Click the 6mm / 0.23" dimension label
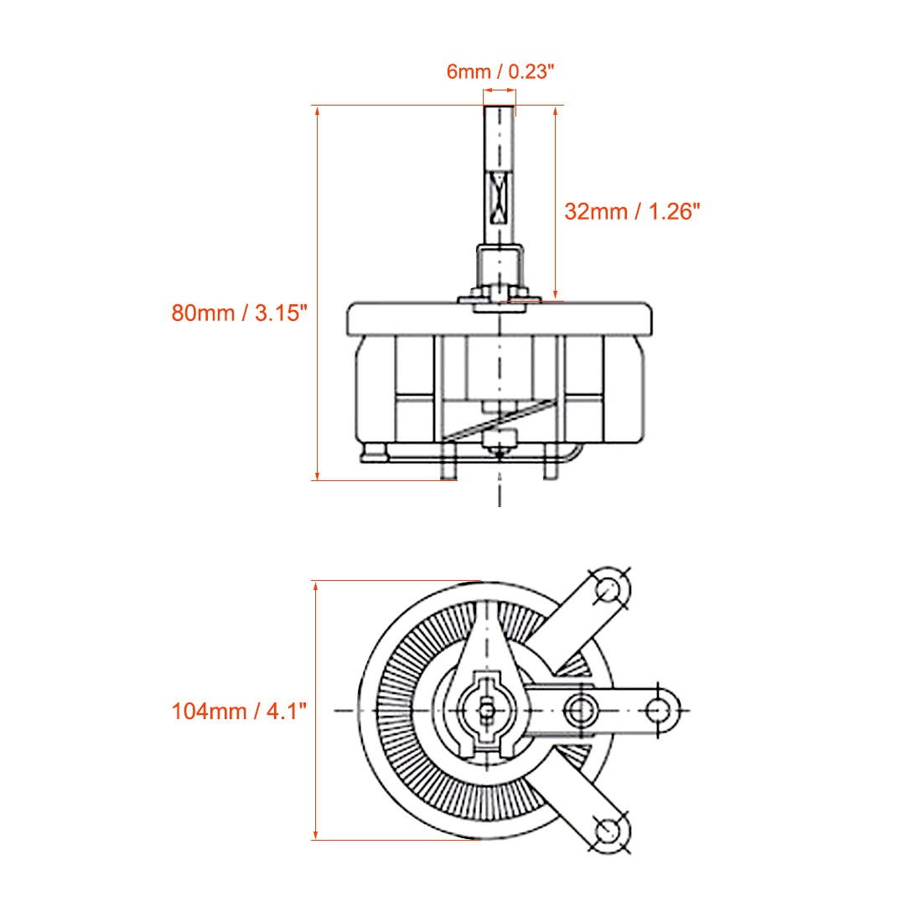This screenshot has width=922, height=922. pos(500,71)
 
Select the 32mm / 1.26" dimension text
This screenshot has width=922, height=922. pos(631,210)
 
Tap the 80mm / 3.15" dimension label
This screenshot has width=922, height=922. pos(241,313)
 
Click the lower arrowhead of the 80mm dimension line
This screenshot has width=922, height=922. pos(318,474)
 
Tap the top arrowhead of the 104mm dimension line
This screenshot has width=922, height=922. pos(316,586)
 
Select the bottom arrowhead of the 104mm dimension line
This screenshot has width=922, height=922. pos(316,834)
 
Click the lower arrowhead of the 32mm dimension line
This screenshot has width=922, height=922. pos(555,294)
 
